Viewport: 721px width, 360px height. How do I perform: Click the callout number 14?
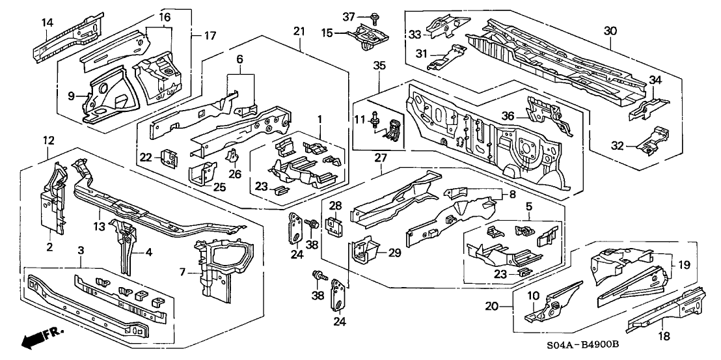(x=47, y=23)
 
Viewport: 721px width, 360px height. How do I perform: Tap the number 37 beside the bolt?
(x=348, y=16)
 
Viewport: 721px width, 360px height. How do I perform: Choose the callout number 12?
(x=48, y=140)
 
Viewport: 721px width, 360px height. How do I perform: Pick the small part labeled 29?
(x=366, y=249)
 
